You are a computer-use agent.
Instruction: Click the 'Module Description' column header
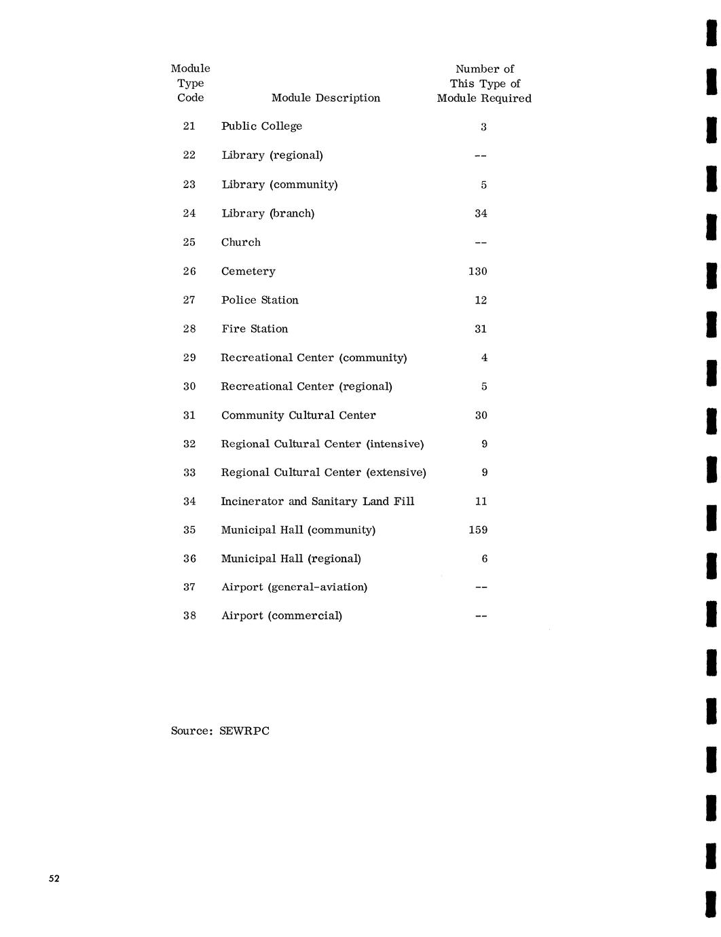[326, 98]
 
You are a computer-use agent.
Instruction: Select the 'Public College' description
[261, 126]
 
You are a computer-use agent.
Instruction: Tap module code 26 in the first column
[189, 272]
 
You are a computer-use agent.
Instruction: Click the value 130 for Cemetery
[478, 272]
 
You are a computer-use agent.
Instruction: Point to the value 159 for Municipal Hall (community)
[478, 530]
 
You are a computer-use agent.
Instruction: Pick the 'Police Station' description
[259, 300]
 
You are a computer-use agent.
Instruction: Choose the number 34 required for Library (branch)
[481, 214]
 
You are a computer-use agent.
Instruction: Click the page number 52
[54, 879]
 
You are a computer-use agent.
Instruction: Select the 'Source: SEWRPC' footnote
[220, 731]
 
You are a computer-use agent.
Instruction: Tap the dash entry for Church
[481, 243]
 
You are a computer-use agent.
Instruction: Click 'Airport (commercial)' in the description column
[281, 616]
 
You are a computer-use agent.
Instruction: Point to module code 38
[189, 616]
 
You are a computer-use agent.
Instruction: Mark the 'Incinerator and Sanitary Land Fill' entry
[317, 502]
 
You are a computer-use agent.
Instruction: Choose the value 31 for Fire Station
[481, 329]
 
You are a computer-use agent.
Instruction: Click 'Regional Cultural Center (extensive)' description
[323, 473]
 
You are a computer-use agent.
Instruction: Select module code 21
[189, 126]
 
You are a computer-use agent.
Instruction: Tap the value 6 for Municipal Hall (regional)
[484, 559]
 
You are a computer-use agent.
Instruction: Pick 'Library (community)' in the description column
[279, 185]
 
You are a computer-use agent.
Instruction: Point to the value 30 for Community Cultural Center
[481, 416]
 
